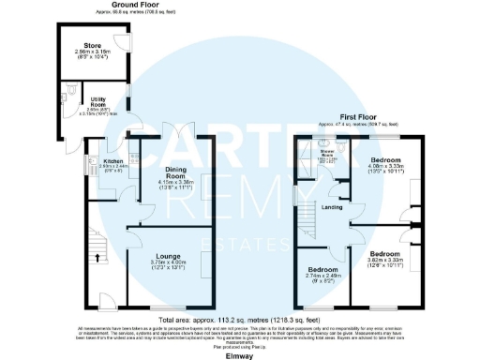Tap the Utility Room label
pyautogui.click(x=97, y=99)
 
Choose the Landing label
pyautogui.click(x=331, y=207)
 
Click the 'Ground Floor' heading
pyautogui.click(x=139, y=4)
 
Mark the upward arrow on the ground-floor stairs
pyautogui.click(x=97, y=251)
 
